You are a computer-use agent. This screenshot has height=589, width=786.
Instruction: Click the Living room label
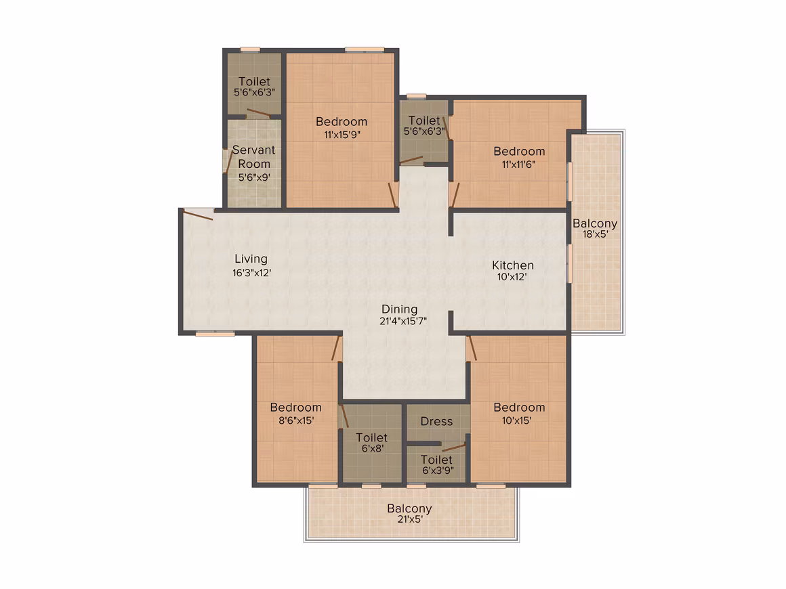(x=251, y=259)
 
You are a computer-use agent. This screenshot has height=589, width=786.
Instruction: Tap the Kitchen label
(x=513, y=265)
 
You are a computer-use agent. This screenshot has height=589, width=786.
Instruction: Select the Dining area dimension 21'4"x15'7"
(x=403, y=321)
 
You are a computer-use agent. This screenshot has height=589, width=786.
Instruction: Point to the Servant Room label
(x=253, y=157)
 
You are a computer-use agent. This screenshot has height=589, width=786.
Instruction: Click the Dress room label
(x=436, y=422)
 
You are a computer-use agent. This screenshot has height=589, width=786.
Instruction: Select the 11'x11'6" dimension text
(x=519, y=165)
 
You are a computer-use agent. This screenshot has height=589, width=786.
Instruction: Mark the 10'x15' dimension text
(x=517, y=420)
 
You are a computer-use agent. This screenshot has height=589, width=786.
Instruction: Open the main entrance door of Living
(x=198, y=215)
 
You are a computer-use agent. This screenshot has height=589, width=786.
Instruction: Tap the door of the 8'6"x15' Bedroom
(x=337, y=347)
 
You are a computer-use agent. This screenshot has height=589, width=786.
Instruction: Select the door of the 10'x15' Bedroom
(x=471, y=347)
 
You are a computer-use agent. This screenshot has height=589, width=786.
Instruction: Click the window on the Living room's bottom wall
(x=215, y=334)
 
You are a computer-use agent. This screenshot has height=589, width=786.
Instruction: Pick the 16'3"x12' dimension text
(x=251, y=273)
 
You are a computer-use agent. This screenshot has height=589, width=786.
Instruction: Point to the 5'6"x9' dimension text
(x=254, y=177)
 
